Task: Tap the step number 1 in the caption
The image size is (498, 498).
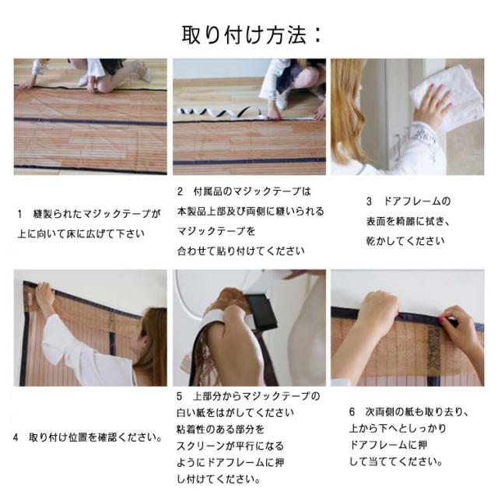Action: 20,214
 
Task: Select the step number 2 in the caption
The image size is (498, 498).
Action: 180,191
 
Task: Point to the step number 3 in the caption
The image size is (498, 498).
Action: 369,202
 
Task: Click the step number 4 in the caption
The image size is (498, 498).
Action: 16,437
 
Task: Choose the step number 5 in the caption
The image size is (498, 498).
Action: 180,396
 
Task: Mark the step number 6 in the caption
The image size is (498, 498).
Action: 352,412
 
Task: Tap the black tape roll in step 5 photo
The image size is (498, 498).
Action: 261,312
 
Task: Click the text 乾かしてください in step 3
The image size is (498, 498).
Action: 405,241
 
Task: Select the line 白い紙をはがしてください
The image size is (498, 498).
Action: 235,413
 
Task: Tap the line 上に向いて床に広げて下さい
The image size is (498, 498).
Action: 81,233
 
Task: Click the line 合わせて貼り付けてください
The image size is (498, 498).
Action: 240,251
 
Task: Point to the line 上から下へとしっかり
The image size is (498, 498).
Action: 398,429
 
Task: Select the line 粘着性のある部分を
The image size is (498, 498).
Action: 220,430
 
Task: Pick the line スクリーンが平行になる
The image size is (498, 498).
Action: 230,446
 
